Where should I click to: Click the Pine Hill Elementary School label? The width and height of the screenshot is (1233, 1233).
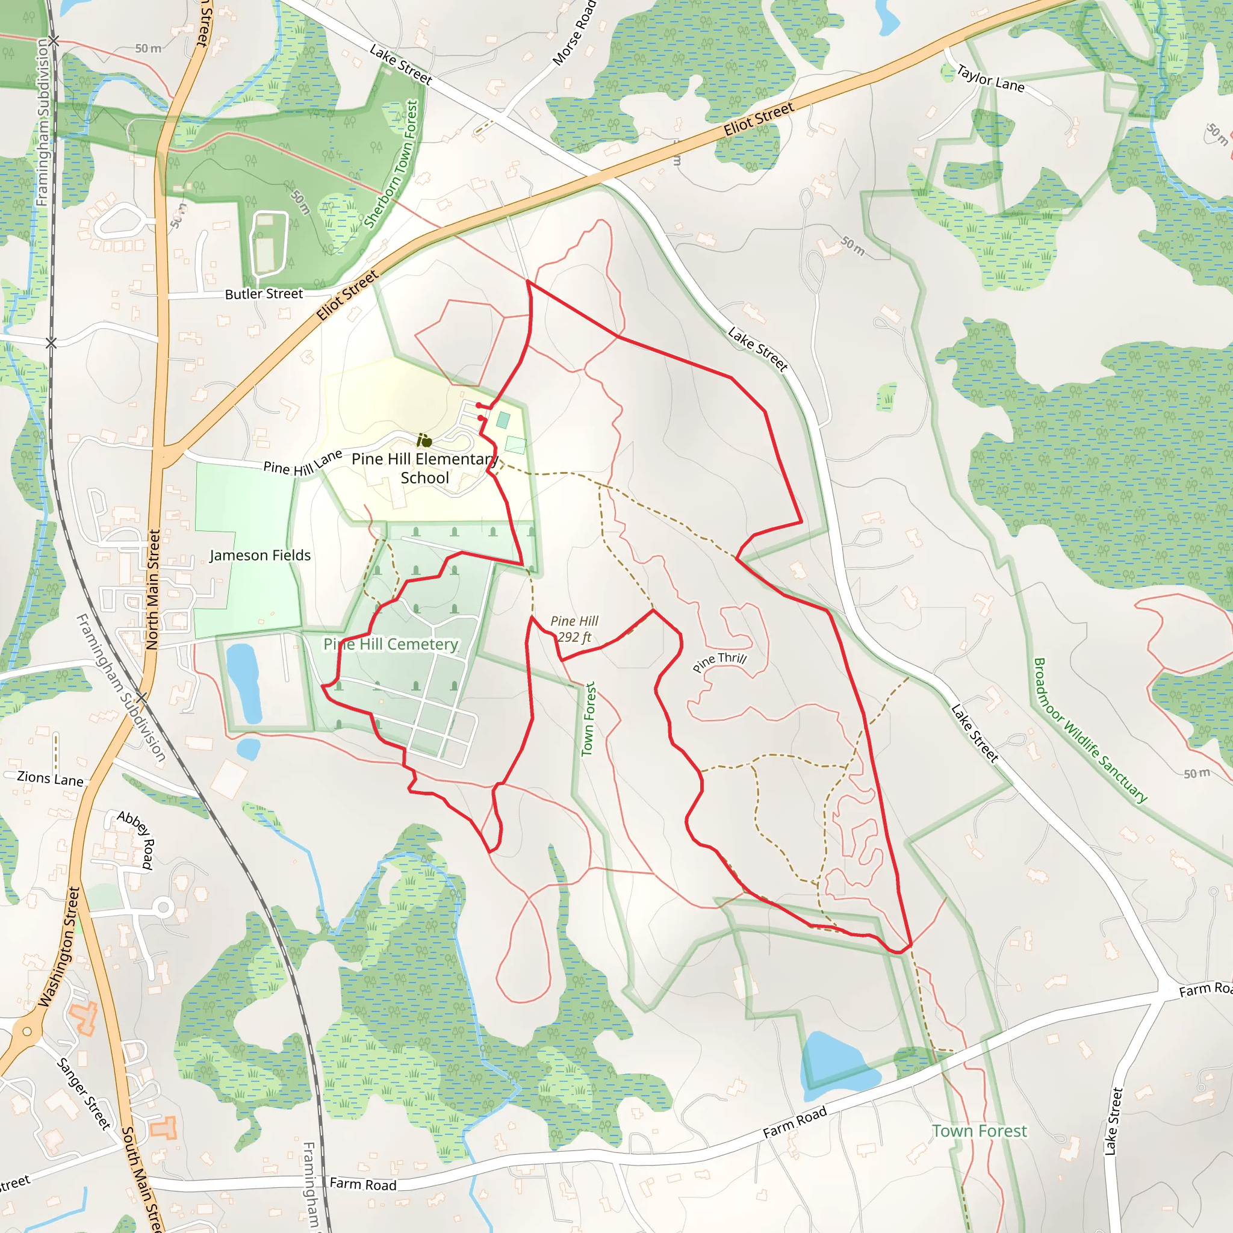(425, 468)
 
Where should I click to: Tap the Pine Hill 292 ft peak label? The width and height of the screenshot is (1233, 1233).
(574, 629)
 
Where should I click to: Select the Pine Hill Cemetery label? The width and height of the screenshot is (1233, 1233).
(391, 644)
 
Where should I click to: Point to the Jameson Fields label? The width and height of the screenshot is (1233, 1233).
(260, 555)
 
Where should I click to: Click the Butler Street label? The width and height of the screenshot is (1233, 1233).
(264, 294)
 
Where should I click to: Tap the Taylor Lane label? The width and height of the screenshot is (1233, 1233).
(990, 78)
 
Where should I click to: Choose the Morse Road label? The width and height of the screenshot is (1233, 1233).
(574, 33)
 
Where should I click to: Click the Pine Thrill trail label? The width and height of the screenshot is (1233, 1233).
(719, 662)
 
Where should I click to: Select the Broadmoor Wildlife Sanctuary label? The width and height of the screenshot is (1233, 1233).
(1090, 730)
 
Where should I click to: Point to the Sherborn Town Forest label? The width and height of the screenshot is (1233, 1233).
(391, 164)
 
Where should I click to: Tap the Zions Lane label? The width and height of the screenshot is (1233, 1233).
(51, 778)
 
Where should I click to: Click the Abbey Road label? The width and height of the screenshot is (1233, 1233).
(136, 839)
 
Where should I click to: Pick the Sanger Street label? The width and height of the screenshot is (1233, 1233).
(84, 1093)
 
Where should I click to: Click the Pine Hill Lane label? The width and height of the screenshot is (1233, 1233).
(302, 464)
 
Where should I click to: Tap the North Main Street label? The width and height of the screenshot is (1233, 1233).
(153, 589)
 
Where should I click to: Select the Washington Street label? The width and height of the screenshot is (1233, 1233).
(60, 947)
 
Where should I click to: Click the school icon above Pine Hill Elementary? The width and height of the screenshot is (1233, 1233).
(424, 441)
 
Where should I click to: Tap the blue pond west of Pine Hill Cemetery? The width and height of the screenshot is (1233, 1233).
(243, 681)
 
